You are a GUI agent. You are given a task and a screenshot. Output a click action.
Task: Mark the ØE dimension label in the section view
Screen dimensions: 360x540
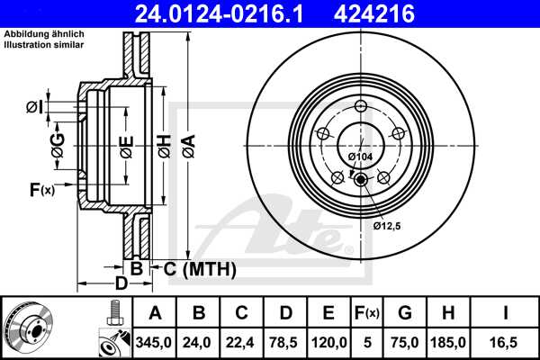pyautogui.click(x=126, y=147)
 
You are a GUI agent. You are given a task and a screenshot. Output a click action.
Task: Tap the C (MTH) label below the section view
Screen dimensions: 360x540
pyautogui.click(x=193, y=268)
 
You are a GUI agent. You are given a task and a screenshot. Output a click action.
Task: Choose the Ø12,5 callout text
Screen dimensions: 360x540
pyautogui.click(x=388, y=225)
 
